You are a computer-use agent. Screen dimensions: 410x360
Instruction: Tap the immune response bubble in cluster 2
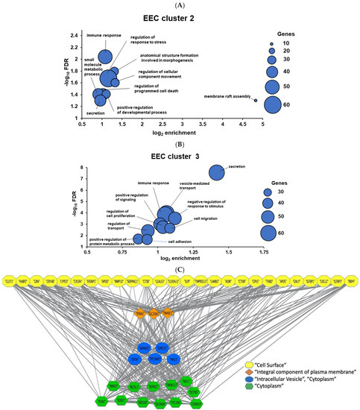coord(104,57)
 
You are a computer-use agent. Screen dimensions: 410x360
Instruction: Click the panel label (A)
coord(180,4)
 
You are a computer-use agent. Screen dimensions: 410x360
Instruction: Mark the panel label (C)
coord(180,265)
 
